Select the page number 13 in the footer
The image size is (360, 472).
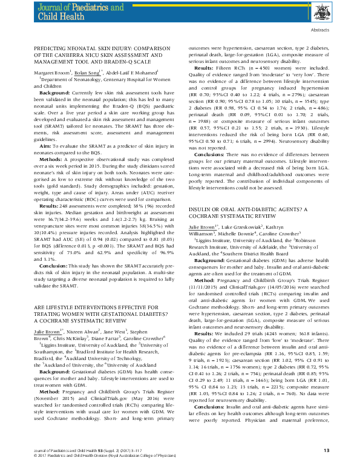pos(326,450)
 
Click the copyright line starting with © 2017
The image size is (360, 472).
pos(110,455)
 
